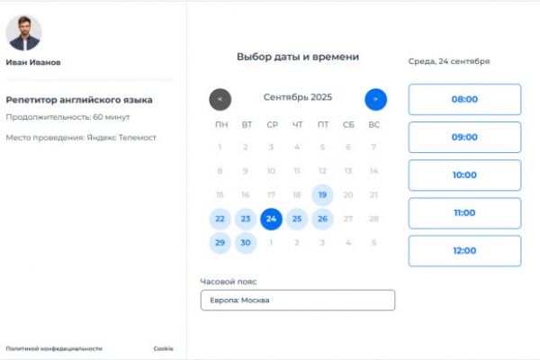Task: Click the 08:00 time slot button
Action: pyautogui.click(x=464, y=99)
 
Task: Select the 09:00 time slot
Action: pyautogui.click(x=464, y=137)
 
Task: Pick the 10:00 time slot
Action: pyautogui.click(x=464, y=175)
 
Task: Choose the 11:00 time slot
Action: pyautogui.click(x=464, y=212)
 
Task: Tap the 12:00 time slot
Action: pyautogui.click(x=464, y=250)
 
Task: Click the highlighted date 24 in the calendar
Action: pyautogui.click(x=272, y=219)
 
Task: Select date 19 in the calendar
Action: pyautogui.click(x=322, y=194)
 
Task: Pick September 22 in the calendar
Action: pyautogui.click(x=220, y=219)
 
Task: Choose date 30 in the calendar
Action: pyautogui.click(x=246, y=243)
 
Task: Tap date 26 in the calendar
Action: pyautogui.click(x=322, y=219)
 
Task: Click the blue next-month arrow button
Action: pyautogui.click(x=375, y=99)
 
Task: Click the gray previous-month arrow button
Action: pyautogui.click(x=220, y=99)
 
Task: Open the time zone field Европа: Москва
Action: pyautogui.click(x=297, y=300)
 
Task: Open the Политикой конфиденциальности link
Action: pyautogui.click(x=54, y=348)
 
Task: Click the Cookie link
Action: pyautogui.click(x=163, y=348)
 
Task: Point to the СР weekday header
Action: pyautogui.click(x=272, y=124)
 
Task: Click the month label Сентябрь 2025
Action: pyautogui.click(x=298, y=97)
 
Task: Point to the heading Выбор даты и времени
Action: pyautogui.click(x=298, y=57)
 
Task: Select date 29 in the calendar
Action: pyautogui.click(x=220, y=243)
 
